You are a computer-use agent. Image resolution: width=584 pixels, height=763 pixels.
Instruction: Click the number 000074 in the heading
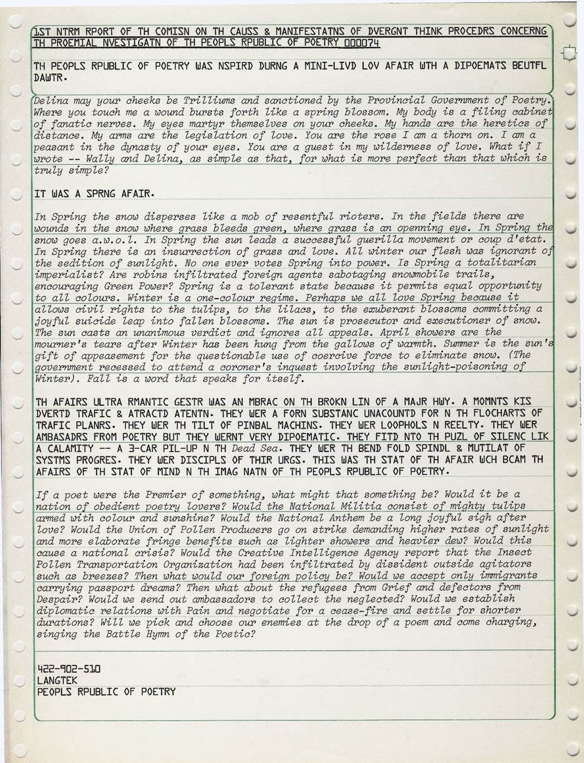[x=361, y=42]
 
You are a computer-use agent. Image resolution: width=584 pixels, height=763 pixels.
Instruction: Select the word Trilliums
[x=206, y=101]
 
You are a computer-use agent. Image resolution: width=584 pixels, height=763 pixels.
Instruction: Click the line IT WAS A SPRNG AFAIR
[x=95, y=194]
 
